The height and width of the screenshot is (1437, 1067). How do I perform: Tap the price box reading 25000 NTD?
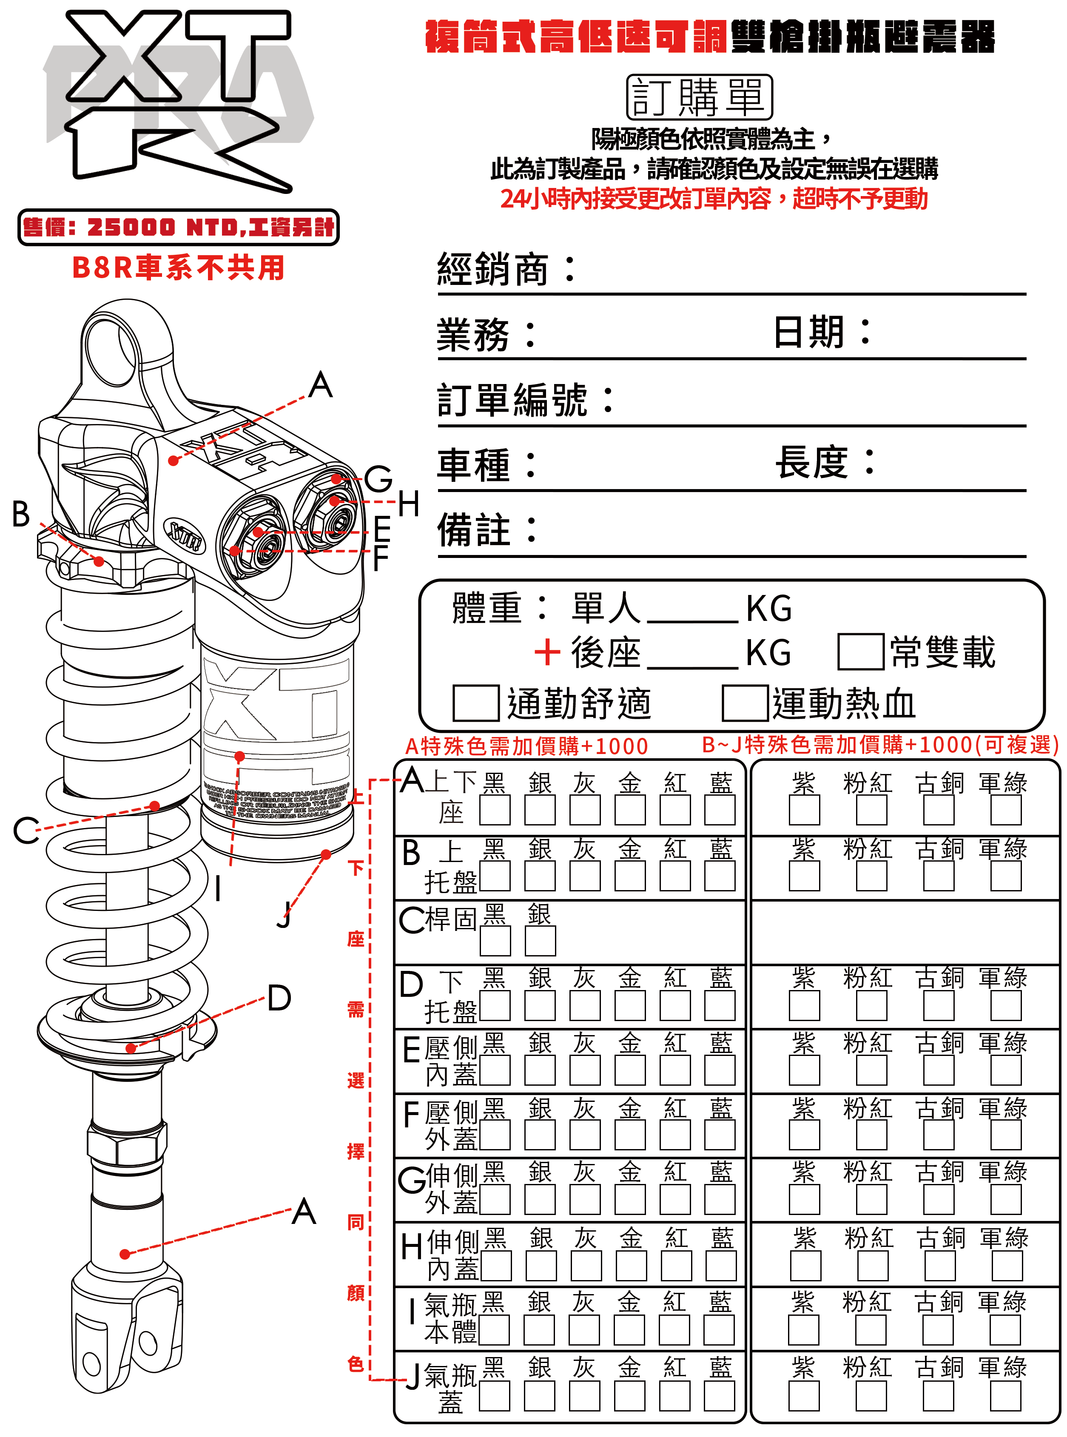coord(178,228)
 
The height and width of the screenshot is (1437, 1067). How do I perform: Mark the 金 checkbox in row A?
coord(630,810)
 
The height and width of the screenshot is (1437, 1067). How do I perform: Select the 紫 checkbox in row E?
coord(804,1071)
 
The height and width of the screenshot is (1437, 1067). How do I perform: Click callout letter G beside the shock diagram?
coord(378,480)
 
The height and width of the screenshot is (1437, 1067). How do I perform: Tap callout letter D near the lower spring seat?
coord(279,998)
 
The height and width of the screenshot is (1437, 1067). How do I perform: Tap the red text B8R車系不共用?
coord(178,267)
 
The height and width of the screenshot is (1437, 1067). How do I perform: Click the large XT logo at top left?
coord(178,97)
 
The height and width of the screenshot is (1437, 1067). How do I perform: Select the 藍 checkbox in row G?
coord(720,1201)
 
